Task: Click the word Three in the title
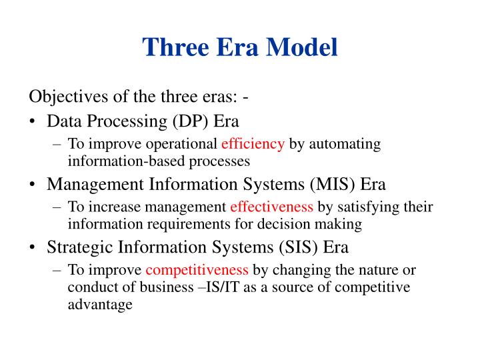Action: (x=175, y=47)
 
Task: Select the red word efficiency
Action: (x=253, y=143)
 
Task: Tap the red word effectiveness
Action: (x=272, y=207)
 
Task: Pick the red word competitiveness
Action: (x=197, y=271)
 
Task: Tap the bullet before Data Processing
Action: (x=33, y=121)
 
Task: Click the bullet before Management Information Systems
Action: (x=33, y=185)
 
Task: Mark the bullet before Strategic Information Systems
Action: (x=33, y=248)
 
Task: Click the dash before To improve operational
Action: (x=57, y=143)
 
